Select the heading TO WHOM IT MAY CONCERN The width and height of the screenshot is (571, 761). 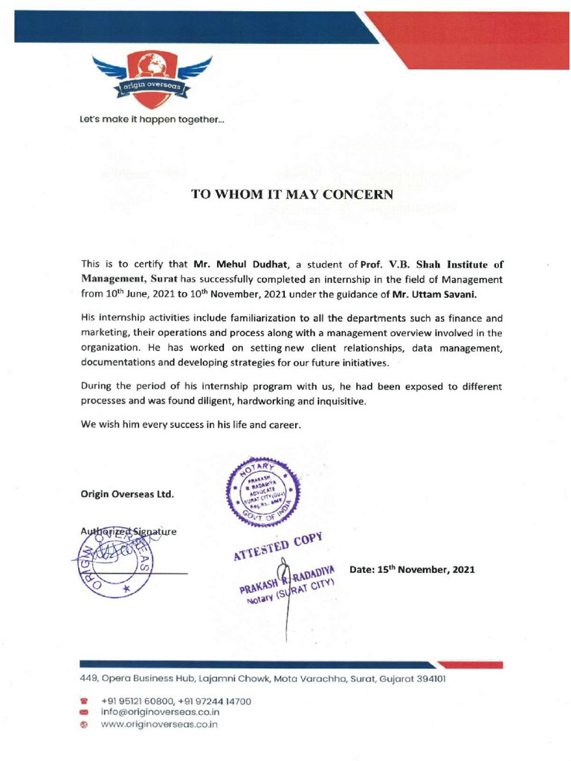pos(291,195)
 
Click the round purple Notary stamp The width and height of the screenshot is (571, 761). pos(270,493)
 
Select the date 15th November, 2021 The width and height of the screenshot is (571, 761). pos(416,570)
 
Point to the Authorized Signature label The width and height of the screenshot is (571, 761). pos(127,532)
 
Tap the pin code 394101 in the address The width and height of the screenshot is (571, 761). pos(430,679)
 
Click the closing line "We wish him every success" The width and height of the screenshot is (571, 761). pos(190,427)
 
